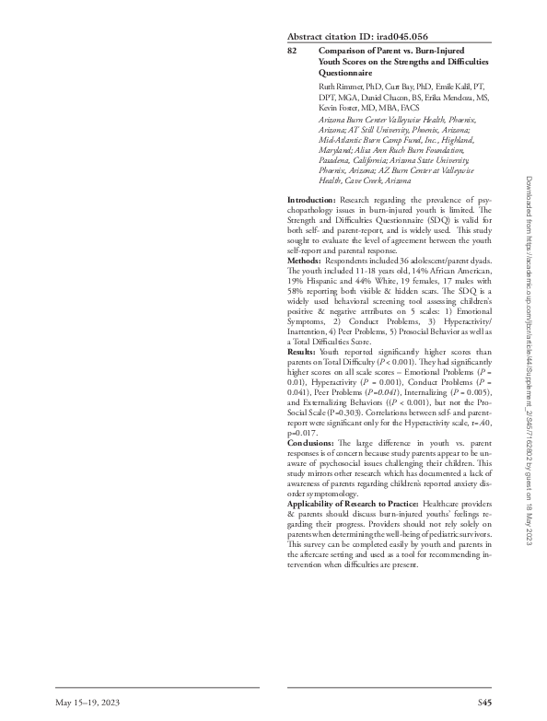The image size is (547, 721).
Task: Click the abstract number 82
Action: [292, 51]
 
